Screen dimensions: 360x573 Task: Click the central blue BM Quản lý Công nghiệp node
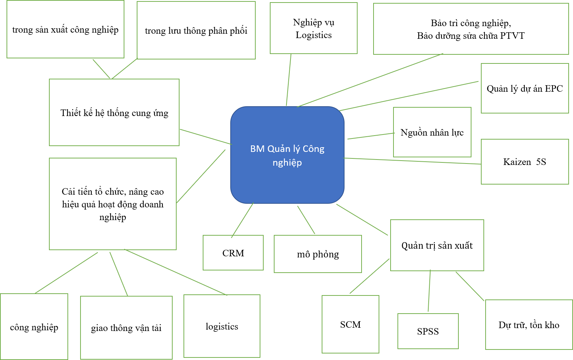pyautogui.click(x=287, y=155)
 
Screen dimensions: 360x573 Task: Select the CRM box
pyautogui.click(x=233, y=253)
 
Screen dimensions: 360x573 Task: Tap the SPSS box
pyautogui.click(x=428, y=331)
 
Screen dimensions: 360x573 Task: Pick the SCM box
pyautogui.click(x=350, y=324)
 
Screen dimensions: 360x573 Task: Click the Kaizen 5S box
pyautogui.click(x=524, y=162)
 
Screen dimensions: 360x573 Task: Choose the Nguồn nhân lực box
pyautogui.click(x=432, y=132)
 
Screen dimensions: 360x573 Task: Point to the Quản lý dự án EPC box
pyautogui.click(x=524, y=88)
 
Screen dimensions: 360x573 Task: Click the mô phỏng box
pyautogui.click(x=318, y=254)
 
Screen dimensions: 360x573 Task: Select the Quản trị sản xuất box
pyautogui.click(x=437, y=245)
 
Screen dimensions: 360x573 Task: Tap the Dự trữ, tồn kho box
pyautogui.click(x=529, y=325)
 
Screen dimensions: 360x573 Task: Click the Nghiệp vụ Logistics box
pyautogui.click(x=313, y=28)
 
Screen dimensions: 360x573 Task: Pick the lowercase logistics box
pyautogui.click(x=222, y=326)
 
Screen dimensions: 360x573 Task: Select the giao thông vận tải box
pyautogui.click(x=126, y=328)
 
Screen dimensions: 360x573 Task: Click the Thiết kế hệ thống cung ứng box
pyautogui.click(x=114, y=113)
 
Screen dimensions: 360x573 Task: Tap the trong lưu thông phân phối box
pyautogui.click(x=196, y=30)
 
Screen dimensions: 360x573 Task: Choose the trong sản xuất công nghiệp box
pyautogui.click(x=65, y=29)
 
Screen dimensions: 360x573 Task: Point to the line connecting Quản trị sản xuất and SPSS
pyautogui.click(x=429, y=291)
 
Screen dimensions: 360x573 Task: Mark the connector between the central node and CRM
pyautogui.click(x=243, y=220)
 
